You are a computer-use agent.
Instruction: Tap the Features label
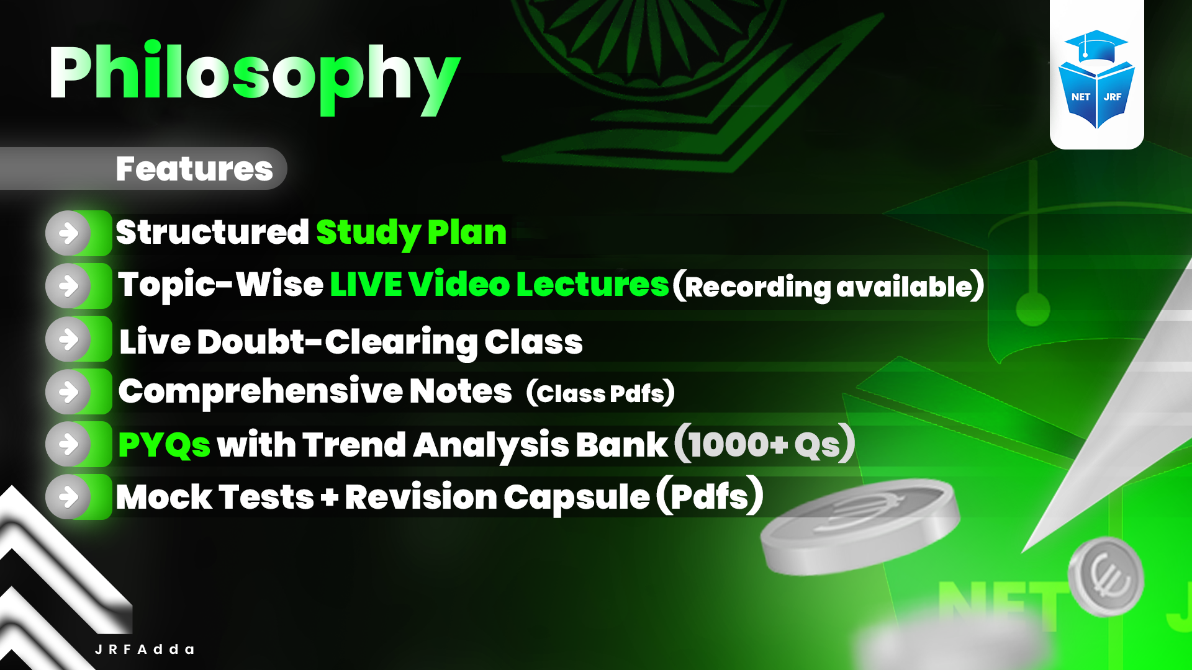(194, 169)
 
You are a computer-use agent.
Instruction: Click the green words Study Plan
(411, 233)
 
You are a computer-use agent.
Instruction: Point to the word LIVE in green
(366, 285)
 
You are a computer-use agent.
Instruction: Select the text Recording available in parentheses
(828, 287)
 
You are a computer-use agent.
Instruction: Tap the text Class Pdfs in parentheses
(600, 393)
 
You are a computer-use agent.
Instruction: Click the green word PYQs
(164, 445)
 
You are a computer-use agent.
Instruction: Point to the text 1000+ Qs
(764, 444)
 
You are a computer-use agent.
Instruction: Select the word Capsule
(576, 498)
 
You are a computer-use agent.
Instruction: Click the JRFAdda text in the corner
(145, 650)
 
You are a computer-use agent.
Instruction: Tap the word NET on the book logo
(1080, 97)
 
